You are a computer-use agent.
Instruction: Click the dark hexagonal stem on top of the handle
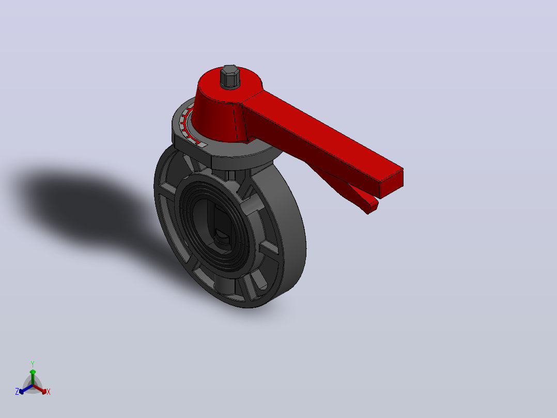point(229,76)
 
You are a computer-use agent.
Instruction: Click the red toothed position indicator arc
point(187,125)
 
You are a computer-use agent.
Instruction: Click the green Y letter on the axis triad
point(33,364)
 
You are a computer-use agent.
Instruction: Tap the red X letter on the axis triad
point(49,392)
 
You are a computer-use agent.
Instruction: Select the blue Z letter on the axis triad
point(17,392)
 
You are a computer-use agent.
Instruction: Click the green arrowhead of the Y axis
point(33,372)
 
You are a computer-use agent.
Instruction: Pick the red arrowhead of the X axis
point(44,391)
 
